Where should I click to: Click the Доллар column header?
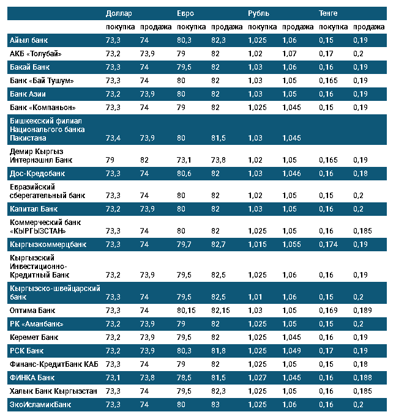(119, 13)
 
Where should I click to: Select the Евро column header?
(187, 13)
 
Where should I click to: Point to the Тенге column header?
(329, 13)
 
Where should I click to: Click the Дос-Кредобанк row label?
(37, 174)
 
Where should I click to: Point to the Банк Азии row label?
(28, 94)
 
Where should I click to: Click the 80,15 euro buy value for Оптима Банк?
(187, 311)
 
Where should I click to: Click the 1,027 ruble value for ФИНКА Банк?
(258, 377)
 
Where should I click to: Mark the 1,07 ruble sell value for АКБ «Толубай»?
(290, 54)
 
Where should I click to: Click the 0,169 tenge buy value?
(329, 311)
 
